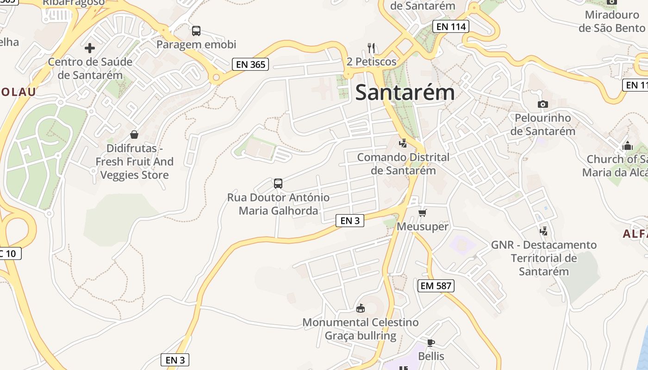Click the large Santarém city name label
tap(405, 92)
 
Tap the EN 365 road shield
tap(250, 64)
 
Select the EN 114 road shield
tap(451, 26)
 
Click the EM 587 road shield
tap(436, 286)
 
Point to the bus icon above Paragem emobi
tap(196, 31)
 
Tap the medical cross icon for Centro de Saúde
tap(90, 48)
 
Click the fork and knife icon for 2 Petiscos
tap(371, 48)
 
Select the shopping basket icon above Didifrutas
tap(134, 135)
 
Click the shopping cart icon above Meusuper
tap(422, 213)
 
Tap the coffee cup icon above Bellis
tap(430, 343)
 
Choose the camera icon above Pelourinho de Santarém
tap(543, 105)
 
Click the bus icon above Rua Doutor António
tap(278, 184)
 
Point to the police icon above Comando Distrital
tap(403, 143)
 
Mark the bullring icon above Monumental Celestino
tap(361, 308)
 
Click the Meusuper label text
tap(423, 226)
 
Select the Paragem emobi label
tap(196, 44)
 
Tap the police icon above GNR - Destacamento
tap(544, 231)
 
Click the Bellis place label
tap(431, 356)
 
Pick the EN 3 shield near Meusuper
tap(350, 221)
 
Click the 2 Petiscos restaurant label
tap(371, 62)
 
